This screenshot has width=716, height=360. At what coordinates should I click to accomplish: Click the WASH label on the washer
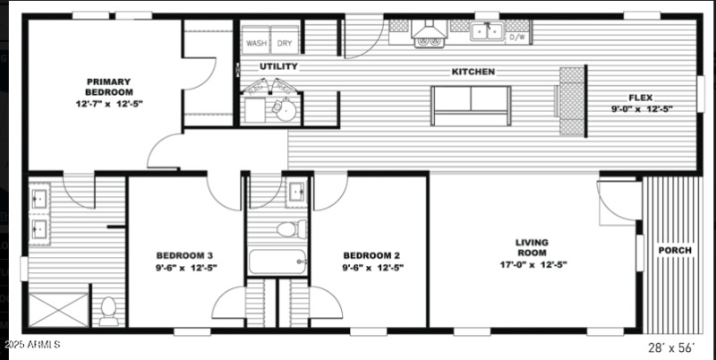coord(257,43)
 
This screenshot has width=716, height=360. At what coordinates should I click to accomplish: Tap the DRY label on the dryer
coord(284,43)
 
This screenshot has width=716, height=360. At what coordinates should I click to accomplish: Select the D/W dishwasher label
coord(518,38)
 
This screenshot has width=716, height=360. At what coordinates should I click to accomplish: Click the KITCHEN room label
coord(473,72)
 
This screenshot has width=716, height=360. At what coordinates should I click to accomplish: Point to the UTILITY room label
coord(278,67)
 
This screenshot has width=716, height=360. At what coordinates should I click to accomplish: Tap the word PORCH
coord(675,250)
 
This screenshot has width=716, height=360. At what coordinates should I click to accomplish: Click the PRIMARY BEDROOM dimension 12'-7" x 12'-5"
coord(108,104)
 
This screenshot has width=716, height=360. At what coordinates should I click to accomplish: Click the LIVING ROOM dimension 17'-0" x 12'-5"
coord(532,264)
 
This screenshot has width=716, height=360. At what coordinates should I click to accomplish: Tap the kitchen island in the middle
coord(471,106)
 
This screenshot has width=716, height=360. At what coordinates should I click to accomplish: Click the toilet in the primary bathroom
coord(109,309)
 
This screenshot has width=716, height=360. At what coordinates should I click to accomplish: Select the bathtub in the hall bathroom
coord(278,262)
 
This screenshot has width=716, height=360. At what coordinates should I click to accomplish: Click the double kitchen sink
coord(487,32)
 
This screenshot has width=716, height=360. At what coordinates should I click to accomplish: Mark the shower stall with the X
coord(58,310)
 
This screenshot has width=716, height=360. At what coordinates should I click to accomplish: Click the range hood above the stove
coord(429,34)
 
